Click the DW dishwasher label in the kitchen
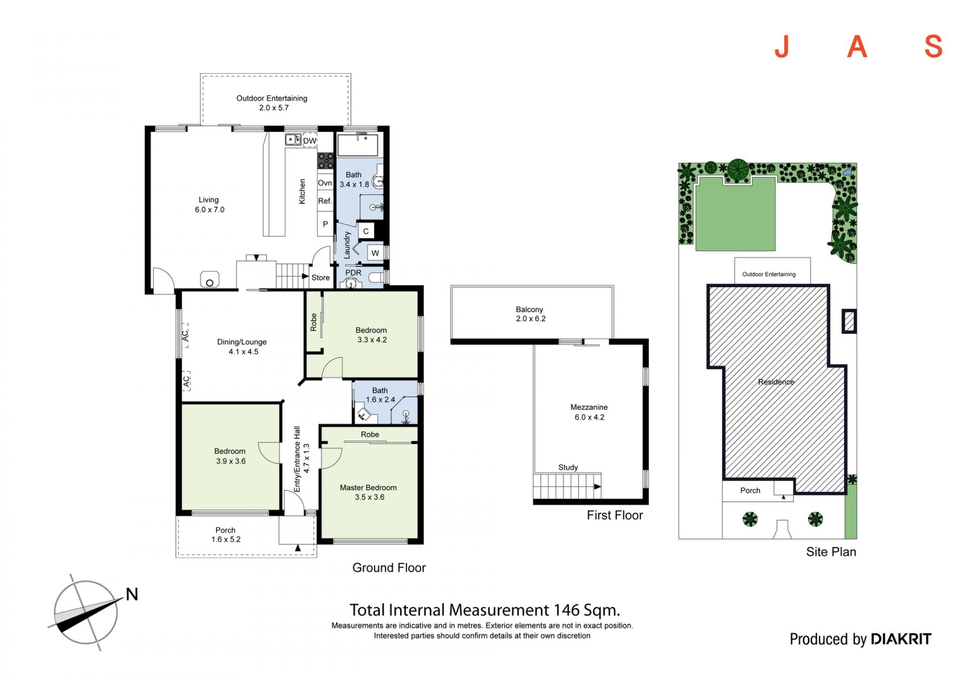pyautogui.click(x=310, y=141)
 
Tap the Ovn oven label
pyautogui.click(x=325, y=183)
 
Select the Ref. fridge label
pyautogui.click(x=325, y=201)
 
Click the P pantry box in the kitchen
pyautogui.click(x=325, y=224)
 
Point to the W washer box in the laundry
pyautogui.click(x=375, y=253)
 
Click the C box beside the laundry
pyautogui.click(x=366, y=231)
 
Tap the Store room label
pyautogui.click(x=321, y=278)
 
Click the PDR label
pyautogui.click(x=353, y=273)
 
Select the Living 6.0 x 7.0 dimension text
pyautogui.click(x=210, y=210)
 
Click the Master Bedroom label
pyautogui.click(x=368, y=488)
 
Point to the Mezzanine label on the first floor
pyautogui.click(x=589, y=407)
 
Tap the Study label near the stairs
pyautogui.click(x=568, y=467)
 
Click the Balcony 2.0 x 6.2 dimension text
pyautogui.click(x=531, y=319)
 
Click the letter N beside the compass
pyautogui.click(x=132, y=594)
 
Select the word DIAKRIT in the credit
pyautogui.click(x=901, y=639)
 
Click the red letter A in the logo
pyautogui.click(x=857, y=47)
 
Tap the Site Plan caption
pyautogui.click(x=831, y=552)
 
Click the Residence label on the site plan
pyautogui.click(x=776, y=382)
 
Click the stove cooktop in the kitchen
pyautogui.click(x=325, y=161)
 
